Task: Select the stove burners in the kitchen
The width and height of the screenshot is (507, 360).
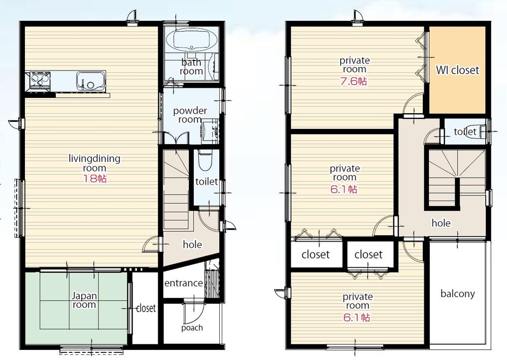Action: click(40, 80)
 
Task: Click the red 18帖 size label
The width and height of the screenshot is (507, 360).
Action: click(95, 179)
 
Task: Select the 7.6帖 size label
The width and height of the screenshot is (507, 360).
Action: click(354, 81)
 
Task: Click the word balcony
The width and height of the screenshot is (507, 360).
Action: click(457, 293)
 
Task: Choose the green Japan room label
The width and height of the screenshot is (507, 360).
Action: click(84, 300)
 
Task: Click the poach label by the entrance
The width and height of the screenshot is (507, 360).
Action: click(192, 328)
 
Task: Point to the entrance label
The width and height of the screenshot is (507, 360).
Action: click(183, 283)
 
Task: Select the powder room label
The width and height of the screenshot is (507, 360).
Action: click(190, 115)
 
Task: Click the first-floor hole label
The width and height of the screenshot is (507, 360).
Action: click(192, 245)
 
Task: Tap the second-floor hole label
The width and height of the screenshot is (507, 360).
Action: click(441, 223)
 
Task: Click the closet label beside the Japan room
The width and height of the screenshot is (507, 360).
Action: click(146, 308)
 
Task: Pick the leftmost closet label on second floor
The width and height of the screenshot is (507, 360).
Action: click(315, 254)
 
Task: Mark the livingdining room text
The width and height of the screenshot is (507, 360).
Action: click(94, 163)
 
